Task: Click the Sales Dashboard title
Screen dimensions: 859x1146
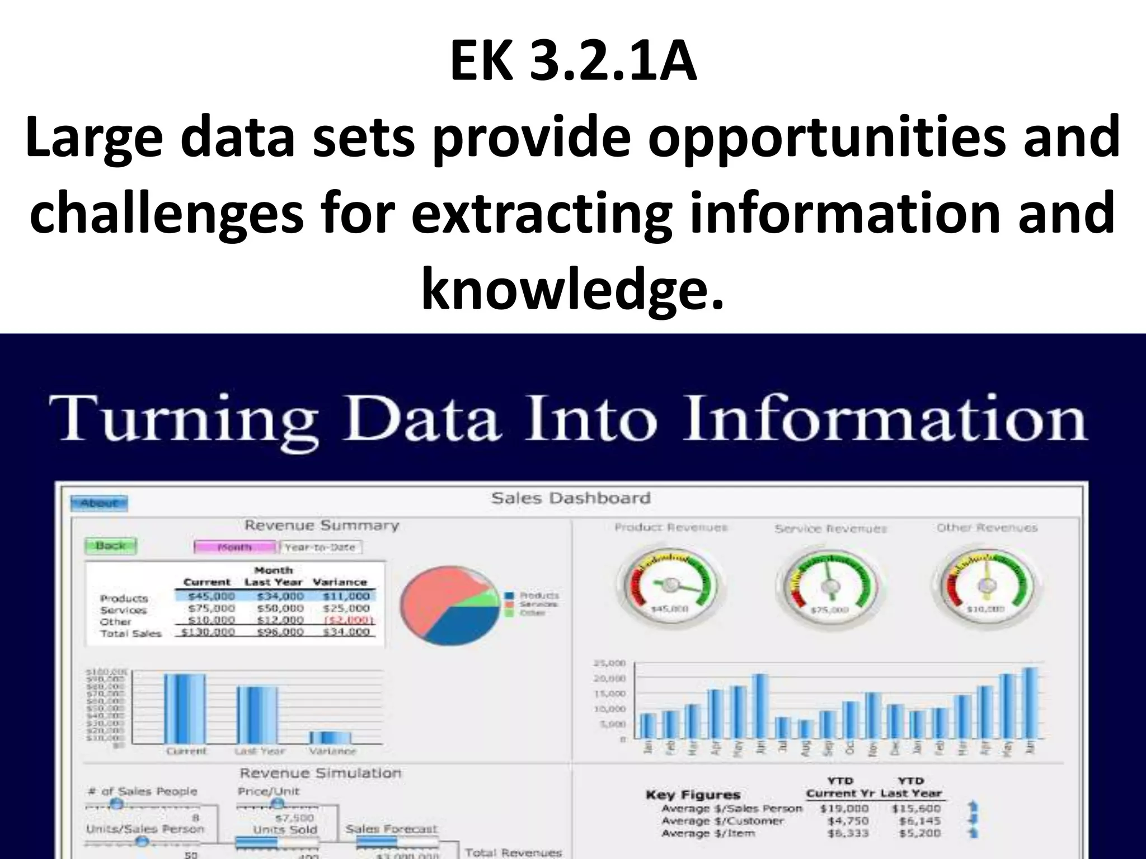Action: coord(571,498)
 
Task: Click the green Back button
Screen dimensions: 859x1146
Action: coord(110,545)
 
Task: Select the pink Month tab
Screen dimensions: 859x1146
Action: coord(235,547)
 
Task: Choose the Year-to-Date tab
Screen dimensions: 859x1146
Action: coord(321,547)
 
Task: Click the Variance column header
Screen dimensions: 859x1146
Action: coord(340,582)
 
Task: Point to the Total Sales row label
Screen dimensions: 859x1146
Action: coord(131,633)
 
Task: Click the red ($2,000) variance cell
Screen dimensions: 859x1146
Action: coord(349,620)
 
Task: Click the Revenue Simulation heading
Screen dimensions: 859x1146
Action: coord(321,773)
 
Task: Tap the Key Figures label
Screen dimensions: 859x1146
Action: coord(693,795)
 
